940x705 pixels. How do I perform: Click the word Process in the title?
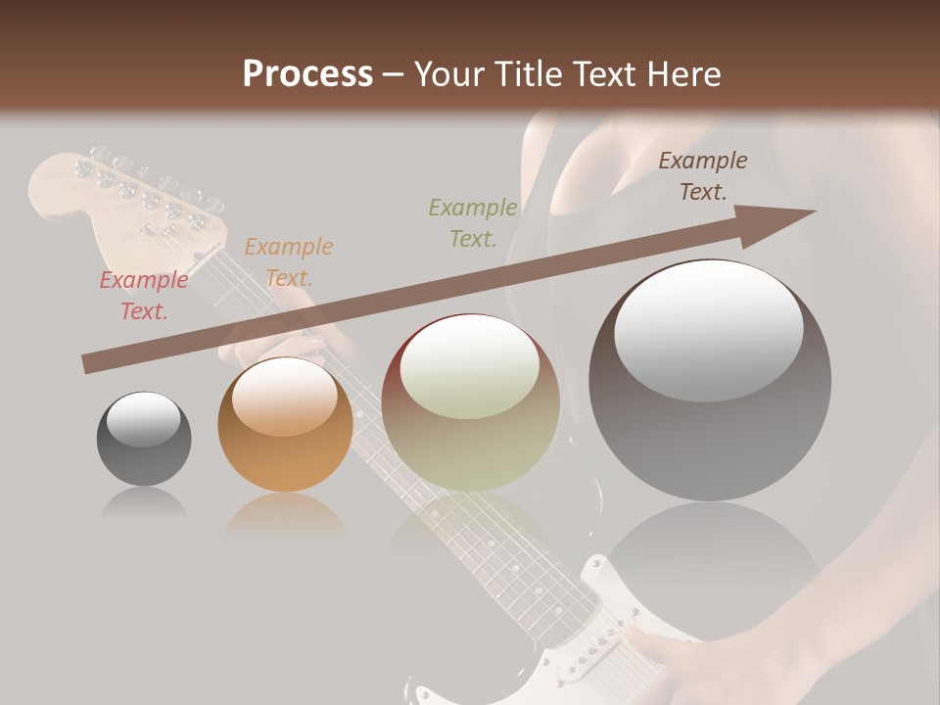pyautogui.click(x=307, y=74)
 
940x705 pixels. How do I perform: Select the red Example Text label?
pyautogui.click(x=144, y=296)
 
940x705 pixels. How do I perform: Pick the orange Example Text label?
pyautogui.click(x=289, y=262)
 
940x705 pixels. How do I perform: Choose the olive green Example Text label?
pyautogui.click(x=473, y=222)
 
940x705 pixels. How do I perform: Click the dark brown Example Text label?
pyautogui.click(x=703, y=176)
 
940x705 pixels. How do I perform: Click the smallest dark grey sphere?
pyautogui.click(x=144, y=439)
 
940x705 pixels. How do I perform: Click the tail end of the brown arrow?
pyautogui.click(x=88, y=364)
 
